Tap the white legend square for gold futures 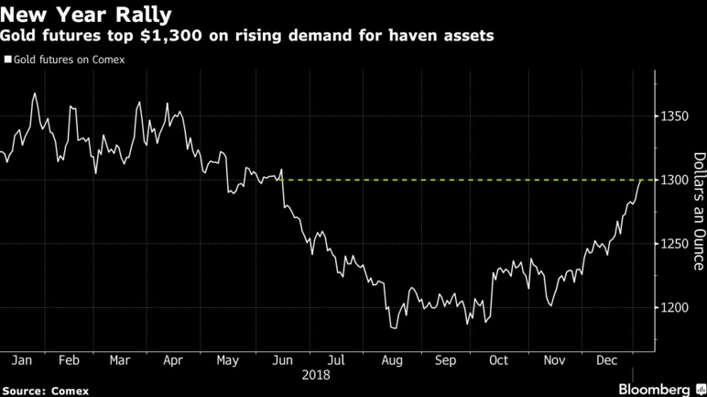click(7, 60)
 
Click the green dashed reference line click(458, 181)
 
